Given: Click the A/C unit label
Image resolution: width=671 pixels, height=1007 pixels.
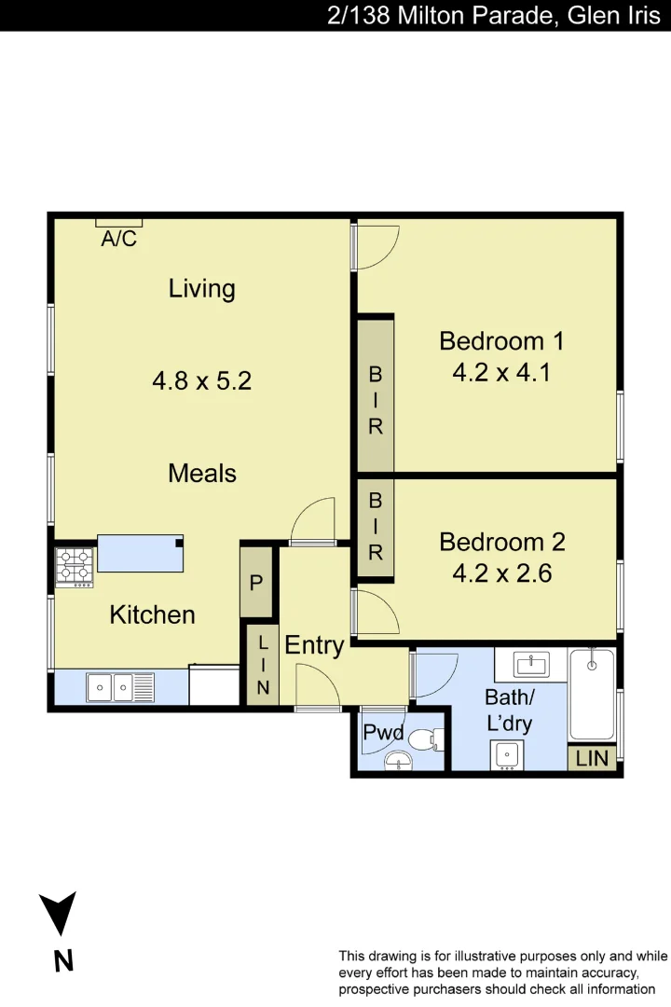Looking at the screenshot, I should click(118, 239).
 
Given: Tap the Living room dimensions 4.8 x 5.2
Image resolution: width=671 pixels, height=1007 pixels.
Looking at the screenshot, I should click(201, 380).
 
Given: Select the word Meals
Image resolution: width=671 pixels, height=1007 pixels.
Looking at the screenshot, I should click(201, 473).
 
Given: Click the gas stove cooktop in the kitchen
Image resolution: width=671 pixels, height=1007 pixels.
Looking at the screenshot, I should click(75, 566).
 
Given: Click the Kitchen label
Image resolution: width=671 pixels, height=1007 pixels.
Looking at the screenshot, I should click(152, 614).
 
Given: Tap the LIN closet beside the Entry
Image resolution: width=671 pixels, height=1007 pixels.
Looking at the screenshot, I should click(263, 666).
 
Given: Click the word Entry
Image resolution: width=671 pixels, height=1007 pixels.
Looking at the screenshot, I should click(314, 644).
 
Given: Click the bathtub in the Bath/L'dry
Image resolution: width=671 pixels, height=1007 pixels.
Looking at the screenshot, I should click(592, 694).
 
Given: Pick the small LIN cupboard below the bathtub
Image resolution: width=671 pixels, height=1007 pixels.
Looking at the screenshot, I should click(591, 758).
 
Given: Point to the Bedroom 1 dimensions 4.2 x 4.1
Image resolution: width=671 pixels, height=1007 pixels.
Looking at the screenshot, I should click(501, 373).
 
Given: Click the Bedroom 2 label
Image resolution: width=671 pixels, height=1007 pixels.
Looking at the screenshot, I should click(501, 542).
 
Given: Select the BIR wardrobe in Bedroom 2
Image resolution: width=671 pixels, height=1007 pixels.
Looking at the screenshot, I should click(376, 527).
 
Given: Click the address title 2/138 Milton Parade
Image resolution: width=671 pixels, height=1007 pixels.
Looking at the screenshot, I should click(493, 15).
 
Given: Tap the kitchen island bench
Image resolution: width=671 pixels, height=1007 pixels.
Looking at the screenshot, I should click(140, 553).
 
